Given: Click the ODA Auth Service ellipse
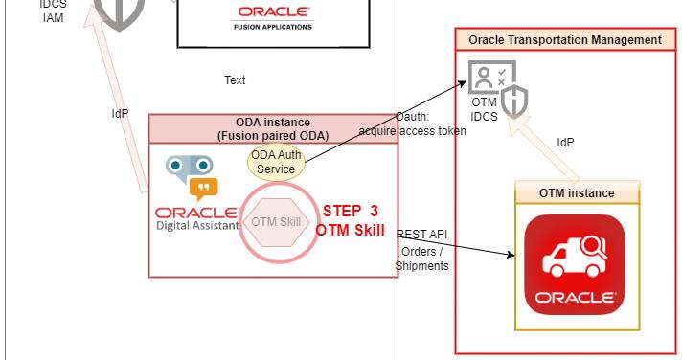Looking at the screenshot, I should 277,162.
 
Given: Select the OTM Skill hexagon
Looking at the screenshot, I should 277,222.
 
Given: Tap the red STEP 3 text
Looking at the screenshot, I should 350,211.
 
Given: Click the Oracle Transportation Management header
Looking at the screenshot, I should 565,40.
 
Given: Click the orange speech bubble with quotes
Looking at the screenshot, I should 202,187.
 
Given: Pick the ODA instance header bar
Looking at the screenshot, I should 273,128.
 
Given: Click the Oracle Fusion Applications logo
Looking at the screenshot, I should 272,18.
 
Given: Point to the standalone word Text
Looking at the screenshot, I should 235,80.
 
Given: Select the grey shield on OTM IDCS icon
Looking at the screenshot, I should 514,99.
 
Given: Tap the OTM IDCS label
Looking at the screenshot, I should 485,110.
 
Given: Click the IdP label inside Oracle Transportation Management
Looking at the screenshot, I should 565,143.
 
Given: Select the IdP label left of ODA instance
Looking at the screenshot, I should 120,114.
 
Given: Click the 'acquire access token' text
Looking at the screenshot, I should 413,131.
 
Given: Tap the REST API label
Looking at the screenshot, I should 422,235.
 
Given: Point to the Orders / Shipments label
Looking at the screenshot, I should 422,259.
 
